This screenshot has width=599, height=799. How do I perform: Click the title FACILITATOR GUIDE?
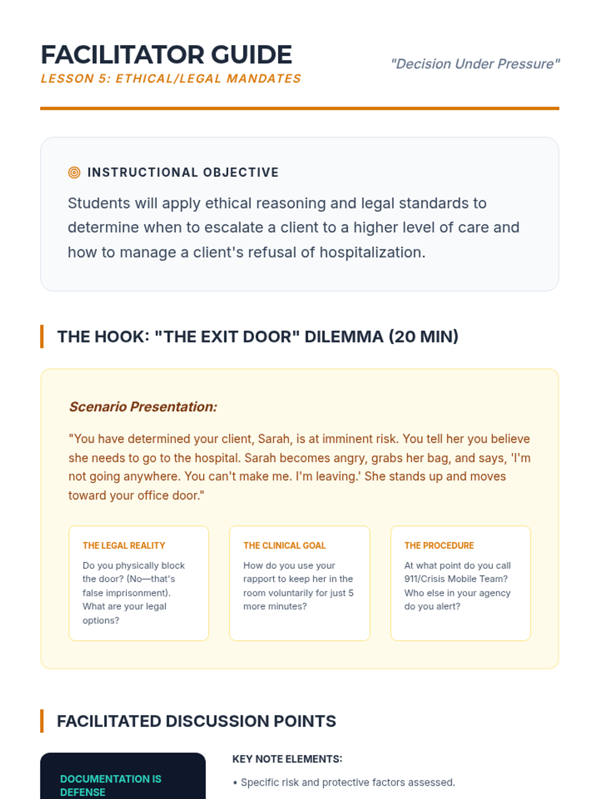coord(166,55)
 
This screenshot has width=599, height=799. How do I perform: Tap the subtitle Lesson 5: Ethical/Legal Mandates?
coord(171,79)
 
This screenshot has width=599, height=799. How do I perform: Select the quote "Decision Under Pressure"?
coord(475,64)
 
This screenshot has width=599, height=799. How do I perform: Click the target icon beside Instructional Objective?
coord(74,173)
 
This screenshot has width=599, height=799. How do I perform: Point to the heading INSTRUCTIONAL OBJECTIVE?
coord(183,173)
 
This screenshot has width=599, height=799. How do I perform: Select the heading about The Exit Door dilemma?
coord(258,337)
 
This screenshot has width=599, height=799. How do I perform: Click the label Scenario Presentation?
coord(143,407)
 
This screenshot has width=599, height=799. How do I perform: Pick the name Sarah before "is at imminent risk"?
coord(274,439)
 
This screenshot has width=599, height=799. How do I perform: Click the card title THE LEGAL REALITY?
coord(124,546)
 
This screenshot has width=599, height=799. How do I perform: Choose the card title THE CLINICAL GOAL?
coord(285,546)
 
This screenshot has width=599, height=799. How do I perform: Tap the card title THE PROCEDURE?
coord(439,546)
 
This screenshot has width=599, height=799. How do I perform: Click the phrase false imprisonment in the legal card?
coord(126,593)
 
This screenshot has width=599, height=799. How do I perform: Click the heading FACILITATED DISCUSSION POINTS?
coord(196,722)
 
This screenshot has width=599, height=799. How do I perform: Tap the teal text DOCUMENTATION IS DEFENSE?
coord(110,786)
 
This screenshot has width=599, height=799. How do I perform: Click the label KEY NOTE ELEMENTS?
coord(287,759)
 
